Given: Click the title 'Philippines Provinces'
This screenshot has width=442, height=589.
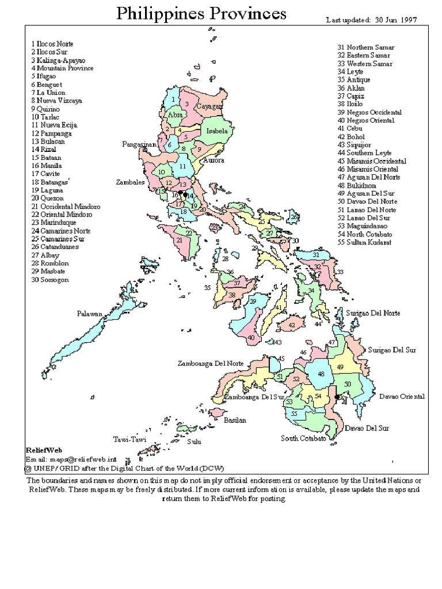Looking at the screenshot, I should [x=200, y=14].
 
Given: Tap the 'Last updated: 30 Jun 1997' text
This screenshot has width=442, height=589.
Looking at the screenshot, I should [x=371, y=20].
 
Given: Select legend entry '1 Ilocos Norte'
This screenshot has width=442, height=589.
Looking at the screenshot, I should [x=52, y=44].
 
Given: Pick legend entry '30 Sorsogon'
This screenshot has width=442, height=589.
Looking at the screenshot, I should [x=51, y=280].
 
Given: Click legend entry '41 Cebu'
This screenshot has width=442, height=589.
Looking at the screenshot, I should [x=350, y=129].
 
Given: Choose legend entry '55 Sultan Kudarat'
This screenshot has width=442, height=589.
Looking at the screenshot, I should [x=364, y=243].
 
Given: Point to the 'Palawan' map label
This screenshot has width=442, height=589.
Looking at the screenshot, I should [x=90, y=313].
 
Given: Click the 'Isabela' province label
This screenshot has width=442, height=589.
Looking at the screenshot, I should [x=217, y=131].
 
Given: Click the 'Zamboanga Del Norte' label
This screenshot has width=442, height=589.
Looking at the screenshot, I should [x=211, y=364].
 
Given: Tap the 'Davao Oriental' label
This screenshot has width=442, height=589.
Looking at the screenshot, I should [x=402, y=396].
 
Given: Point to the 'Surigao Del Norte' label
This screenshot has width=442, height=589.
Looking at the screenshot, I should [x=373, y=313].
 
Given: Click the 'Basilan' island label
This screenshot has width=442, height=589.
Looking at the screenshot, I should [x=235, y=420].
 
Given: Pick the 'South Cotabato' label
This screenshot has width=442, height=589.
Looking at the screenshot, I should [x=303, y=438].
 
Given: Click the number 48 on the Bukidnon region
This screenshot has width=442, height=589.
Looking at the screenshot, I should [x=321, y=374].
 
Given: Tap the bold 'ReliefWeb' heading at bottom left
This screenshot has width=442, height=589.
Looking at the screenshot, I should [x=44, y=450].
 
